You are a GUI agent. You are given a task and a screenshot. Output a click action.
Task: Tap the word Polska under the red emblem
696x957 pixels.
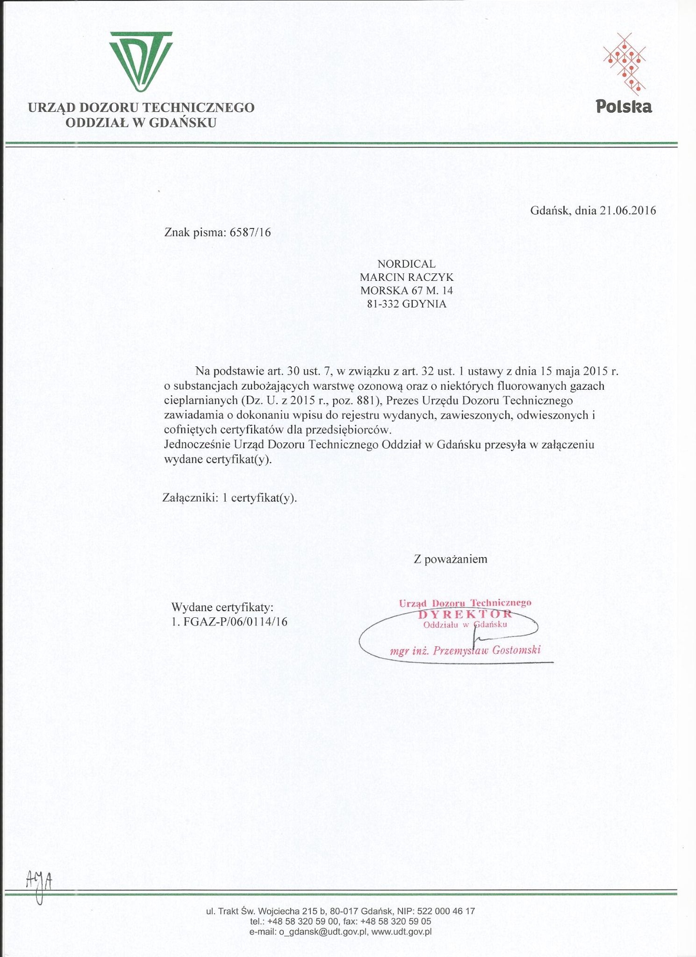[624, 107]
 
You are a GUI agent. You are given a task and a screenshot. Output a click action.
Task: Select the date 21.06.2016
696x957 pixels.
[628, 210]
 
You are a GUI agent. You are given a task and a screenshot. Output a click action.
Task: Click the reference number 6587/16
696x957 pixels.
[251, 232]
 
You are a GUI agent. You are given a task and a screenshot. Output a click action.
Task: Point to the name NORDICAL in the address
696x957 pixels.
[407, 264]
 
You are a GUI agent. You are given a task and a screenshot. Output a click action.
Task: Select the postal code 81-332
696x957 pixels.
[383, 304]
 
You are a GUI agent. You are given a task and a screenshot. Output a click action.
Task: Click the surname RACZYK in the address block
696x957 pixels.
[431, 277]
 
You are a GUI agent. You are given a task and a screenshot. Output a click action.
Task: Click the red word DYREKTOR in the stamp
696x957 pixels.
[465, 614]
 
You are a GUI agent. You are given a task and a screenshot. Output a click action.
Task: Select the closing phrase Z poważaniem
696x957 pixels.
[451, 559]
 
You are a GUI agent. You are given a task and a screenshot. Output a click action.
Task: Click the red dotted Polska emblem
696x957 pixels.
[625, 61]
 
